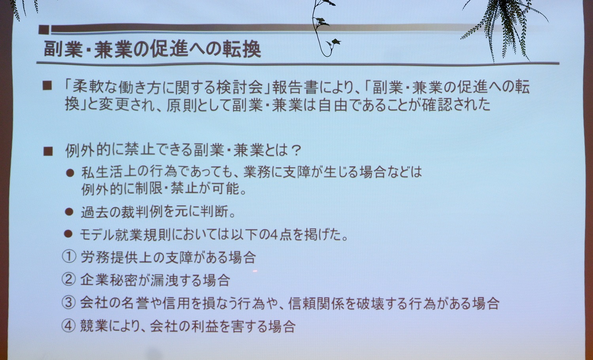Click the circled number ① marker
pos(69,257)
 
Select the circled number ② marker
pos(69,279)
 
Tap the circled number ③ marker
pos(69,303)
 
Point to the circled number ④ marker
pos(69,326)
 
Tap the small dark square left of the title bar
pos(43,30)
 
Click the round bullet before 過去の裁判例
pos(69,212)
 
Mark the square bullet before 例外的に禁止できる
pos(48,151)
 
